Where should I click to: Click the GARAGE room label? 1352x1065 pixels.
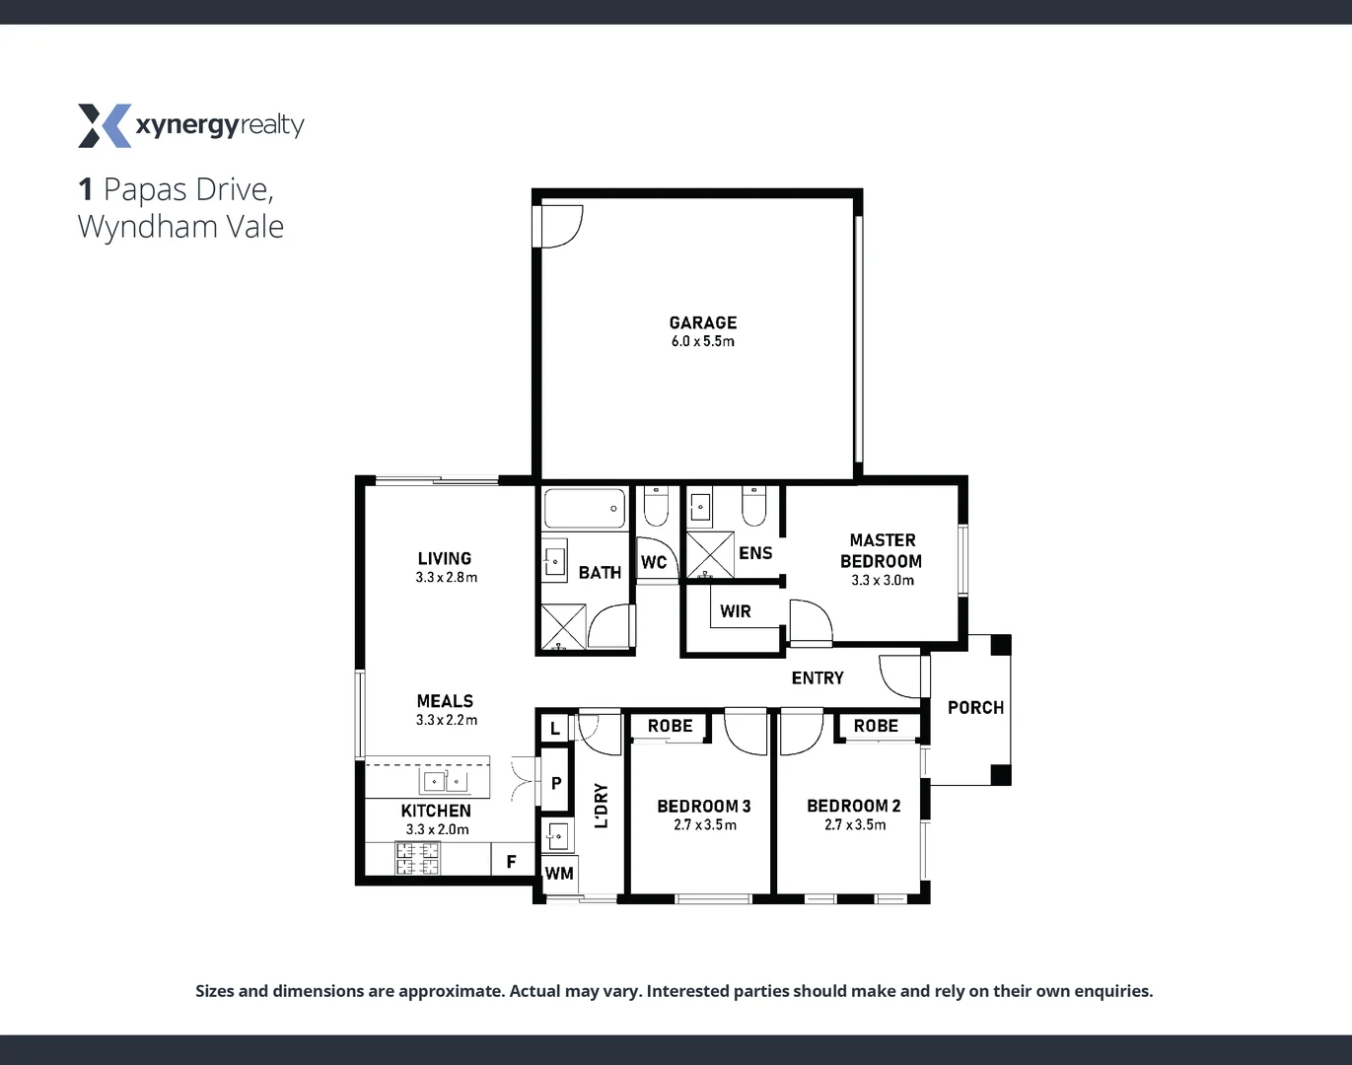coord(702,322)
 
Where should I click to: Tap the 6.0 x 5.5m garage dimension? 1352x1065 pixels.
coord(702,342)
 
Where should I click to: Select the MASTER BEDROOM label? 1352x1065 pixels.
coord(882,550)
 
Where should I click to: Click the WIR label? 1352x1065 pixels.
coord(735,611)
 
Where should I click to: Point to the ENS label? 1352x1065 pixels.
coord(755,553)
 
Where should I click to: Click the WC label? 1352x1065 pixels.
coord(654,563)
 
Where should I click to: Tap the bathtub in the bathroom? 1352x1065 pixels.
coord(584,510)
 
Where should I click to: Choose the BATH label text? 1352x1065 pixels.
coord(600,572)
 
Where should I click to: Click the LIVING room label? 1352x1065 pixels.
coord(445,558)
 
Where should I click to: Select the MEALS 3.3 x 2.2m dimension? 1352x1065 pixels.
coord(446,720)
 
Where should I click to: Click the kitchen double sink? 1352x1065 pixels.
coord(445,782)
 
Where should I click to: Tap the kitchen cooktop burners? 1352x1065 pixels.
coord(418,858)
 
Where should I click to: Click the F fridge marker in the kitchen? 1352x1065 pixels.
coord(511,862)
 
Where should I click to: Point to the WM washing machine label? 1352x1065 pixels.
coord(559,873)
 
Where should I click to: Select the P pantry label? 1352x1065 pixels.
coord(556,783)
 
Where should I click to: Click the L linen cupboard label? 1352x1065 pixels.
coord(555,729)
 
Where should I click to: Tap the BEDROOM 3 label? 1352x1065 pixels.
coord(704,806)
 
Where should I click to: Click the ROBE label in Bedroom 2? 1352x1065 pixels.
coord(876,726)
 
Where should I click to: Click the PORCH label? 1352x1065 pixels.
coord(975,708)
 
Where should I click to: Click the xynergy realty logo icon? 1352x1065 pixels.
coord(104,125)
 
